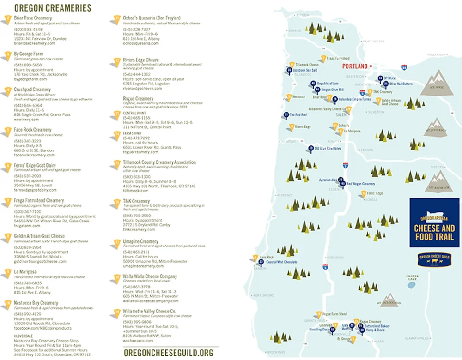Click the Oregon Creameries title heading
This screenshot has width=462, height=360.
tap(52, 8)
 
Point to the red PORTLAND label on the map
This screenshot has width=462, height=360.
tap(354, 66)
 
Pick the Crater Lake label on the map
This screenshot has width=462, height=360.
tap(412, 277)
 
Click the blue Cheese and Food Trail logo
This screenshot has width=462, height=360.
tap(434, 223)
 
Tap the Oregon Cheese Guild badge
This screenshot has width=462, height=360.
tap(434, 259)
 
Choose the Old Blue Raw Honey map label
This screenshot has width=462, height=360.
tap(328, 149)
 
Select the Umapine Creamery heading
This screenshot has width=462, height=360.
tap(140, 241)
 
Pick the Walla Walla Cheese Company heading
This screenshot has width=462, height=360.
tap(150, 276)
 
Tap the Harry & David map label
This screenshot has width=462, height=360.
tap(375, 330)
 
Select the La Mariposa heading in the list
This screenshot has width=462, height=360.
tap(25, 271)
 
